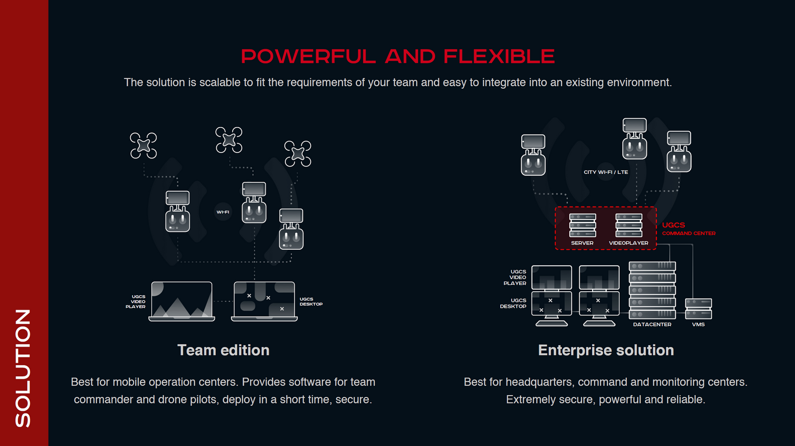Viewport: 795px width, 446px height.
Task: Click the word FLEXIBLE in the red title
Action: pyautogui.click(x=499, y=57)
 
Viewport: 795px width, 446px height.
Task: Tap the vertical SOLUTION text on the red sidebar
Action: pyautogui.click(x=23, y=368)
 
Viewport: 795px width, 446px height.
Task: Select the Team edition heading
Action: pyautogui.click(x=223, y=350)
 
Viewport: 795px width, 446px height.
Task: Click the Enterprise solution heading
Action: pyautogui.click(x=606, y=350)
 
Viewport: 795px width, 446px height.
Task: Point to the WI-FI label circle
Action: pyautogui.click(x=223, y=212)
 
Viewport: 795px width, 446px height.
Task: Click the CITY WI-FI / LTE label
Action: pyautogui.click(x=606, y=172)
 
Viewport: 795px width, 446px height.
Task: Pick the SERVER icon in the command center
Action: pyautogui.click(x=582, y=226)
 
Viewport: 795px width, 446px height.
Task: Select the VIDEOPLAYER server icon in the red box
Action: pyautogui.click(x=629, y=226)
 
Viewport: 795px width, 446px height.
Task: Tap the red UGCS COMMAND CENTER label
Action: pyautogui.click(x=688, y=228)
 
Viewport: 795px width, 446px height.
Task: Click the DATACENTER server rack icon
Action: pyautogui.click(x=652, y=290)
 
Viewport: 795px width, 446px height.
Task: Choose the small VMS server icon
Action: pyautogui.click(x=698, y=309)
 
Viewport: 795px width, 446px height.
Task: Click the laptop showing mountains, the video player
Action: pyautogui.click(x=181, y=301)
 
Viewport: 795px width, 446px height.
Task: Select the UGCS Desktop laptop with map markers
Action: pyautogui.click(x=264, y=301)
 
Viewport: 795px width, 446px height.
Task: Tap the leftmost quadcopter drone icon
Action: pyautogui.click(x=144, y=145)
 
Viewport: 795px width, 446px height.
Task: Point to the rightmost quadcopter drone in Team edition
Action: pyautogui.click(x=298, y=153)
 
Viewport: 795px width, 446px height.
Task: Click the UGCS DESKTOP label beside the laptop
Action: pyautogui.click(x=311, y=301)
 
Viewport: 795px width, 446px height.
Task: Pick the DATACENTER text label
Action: pyautogui.click(x=652, y=324)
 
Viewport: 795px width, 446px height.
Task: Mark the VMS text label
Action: pyautogui.click(x=698, y=324)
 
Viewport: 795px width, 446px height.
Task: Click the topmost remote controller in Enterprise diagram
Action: pyautogui.click(x=634, y=138)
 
